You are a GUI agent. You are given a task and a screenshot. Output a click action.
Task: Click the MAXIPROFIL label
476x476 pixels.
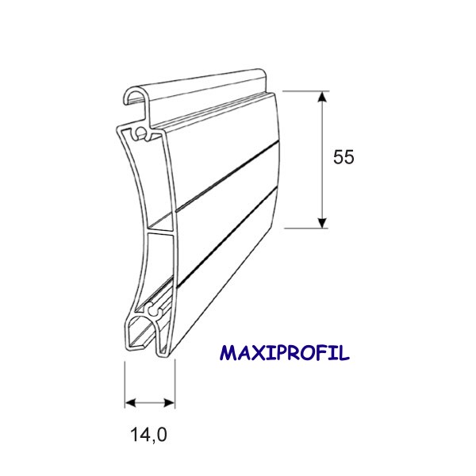click(x=285, y=353)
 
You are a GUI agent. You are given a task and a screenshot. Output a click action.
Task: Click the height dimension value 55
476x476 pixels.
click(x=344, y=157)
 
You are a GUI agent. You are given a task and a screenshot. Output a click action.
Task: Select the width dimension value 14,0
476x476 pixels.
click(x=149, y=435)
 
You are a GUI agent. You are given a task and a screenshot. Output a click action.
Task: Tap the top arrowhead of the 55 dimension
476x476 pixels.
click(x=322, y=97)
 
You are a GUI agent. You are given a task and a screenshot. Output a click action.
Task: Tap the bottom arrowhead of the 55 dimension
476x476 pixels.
click(x=322, y=222)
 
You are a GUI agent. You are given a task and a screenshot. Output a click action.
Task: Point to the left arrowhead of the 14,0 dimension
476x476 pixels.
click(x=130, y=403)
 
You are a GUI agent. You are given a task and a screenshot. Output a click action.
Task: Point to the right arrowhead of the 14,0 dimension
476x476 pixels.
click(x=170, y=403)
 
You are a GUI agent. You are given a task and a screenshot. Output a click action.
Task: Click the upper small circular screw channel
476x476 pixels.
click(x=140, y=132)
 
